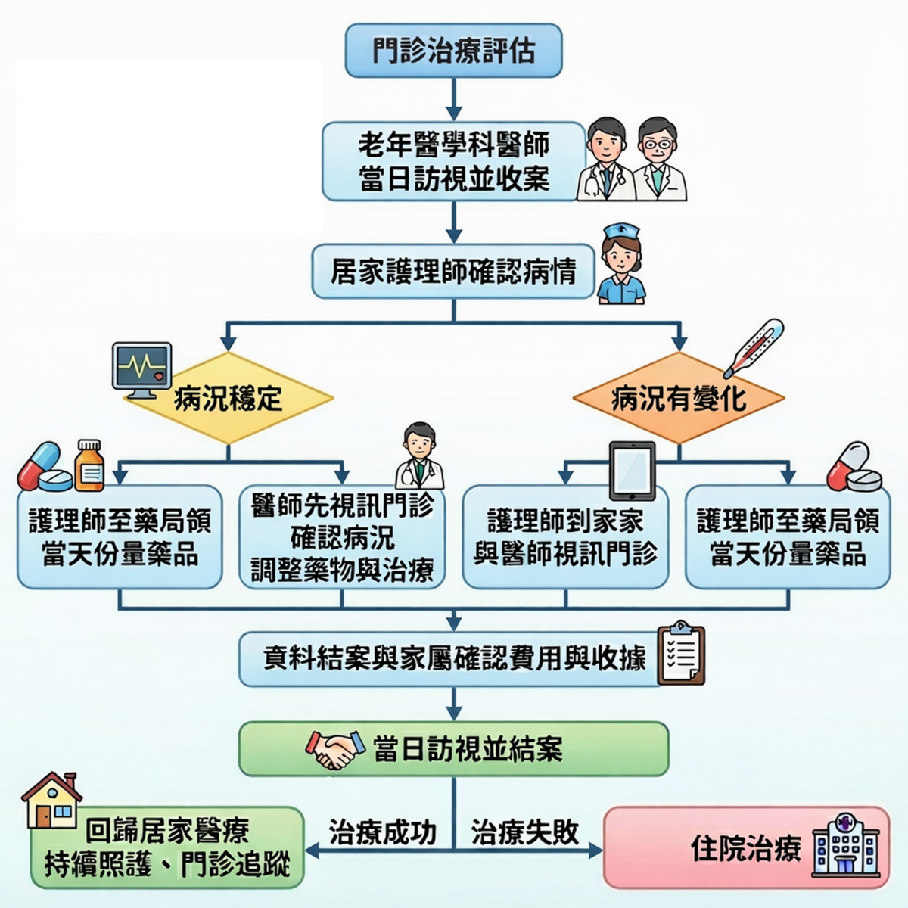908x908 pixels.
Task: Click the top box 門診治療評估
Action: [x=453, y=51]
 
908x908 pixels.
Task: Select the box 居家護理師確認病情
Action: [x=453, y=271]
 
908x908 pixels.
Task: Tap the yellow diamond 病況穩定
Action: [x=229, y=398]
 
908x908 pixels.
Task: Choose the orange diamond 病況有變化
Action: [x=679, y=398]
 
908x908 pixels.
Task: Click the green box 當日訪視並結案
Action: [x=453, y=749]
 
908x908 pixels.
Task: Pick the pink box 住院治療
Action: [x=746, y=847]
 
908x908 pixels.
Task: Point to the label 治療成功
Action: [x=383, y=832]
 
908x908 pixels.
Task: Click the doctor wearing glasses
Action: [x=660, y=159]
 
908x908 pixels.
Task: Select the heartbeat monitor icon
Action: [x=141, y=370]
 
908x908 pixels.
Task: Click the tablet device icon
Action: [x=633, y=471]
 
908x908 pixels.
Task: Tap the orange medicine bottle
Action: [x=89, y=465]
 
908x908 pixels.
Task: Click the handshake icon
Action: [x=335, y=750]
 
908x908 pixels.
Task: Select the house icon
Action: [x=52, y=801]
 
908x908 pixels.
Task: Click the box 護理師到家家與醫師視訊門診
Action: [x=565, y=537]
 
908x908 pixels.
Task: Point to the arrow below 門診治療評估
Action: [x=454, y=99]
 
